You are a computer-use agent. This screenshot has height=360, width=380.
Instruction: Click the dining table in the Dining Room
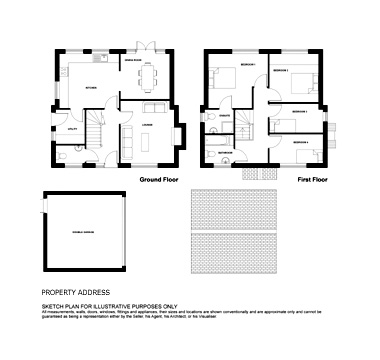148,75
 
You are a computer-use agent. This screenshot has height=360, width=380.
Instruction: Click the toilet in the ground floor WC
63,155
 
